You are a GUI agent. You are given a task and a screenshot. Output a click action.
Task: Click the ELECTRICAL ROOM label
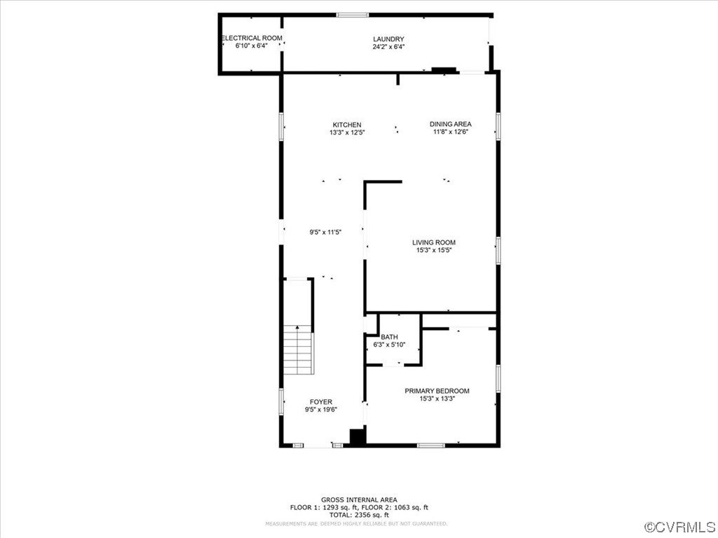coord(252,38)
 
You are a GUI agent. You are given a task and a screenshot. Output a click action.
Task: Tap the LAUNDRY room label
coord(388,39)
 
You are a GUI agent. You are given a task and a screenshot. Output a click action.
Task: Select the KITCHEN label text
coord(347,125)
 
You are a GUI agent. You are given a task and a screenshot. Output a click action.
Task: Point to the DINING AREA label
coord(450,124)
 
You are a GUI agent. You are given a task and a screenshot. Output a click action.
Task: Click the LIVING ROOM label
coord(433,242)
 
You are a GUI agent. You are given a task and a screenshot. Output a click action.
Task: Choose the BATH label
coord(389,337)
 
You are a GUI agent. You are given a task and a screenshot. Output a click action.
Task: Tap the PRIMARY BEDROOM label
coord(437,391)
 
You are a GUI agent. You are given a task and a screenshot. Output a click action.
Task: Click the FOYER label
coord(321,402)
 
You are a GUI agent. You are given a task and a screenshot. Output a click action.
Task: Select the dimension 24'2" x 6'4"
coord(388,47)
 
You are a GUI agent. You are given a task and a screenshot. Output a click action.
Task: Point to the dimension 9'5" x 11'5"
coord(325,233)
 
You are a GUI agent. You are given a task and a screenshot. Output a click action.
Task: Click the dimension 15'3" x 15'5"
coord(433,250)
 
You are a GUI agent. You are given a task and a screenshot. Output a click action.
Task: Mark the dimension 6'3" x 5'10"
coord(389,345)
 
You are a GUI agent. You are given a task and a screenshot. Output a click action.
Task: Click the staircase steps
coord(298,354)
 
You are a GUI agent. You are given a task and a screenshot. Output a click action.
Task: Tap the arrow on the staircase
coord(298,328)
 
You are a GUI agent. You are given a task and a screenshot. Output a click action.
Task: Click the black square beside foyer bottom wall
coord(358,437)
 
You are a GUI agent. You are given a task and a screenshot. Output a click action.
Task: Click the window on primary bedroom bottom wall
coord(431,445)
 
